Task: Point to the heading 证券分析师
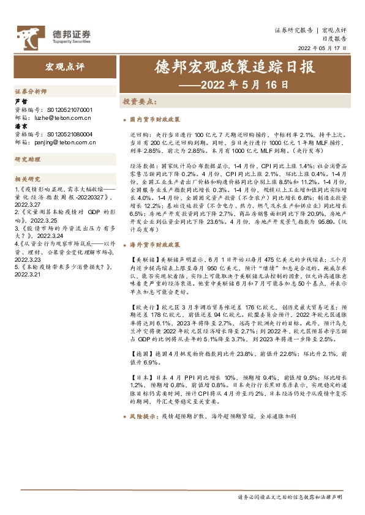[x=31, y=91]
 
